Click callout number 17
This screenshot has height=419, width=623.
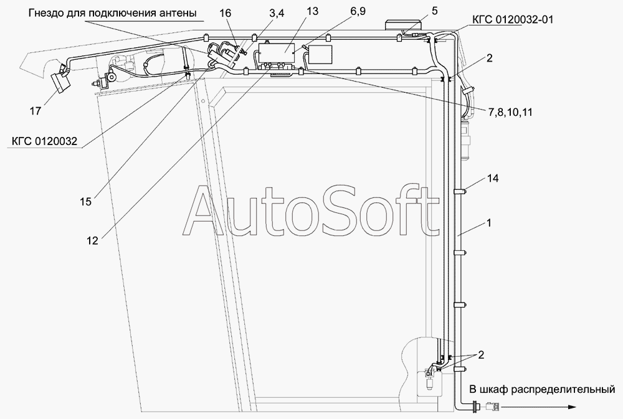(36, 111)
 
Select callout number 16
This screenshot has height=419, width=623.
(225, 13)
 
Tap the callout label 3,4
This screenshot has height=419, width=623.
(277, 13)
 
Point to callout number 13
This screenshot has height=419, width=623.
(313, 11)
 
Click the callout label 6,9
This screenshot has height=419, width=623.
(358, 11)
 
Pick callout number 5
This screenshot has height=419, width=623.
(434, 11)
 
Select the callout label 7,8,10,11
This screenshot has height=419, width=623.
(510, 113)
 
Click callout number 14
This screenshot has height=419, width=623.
(493, 178)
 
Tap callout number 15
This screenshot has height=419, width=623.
(85, 202)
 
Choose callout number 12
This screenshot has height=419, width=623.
(92, 241)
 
